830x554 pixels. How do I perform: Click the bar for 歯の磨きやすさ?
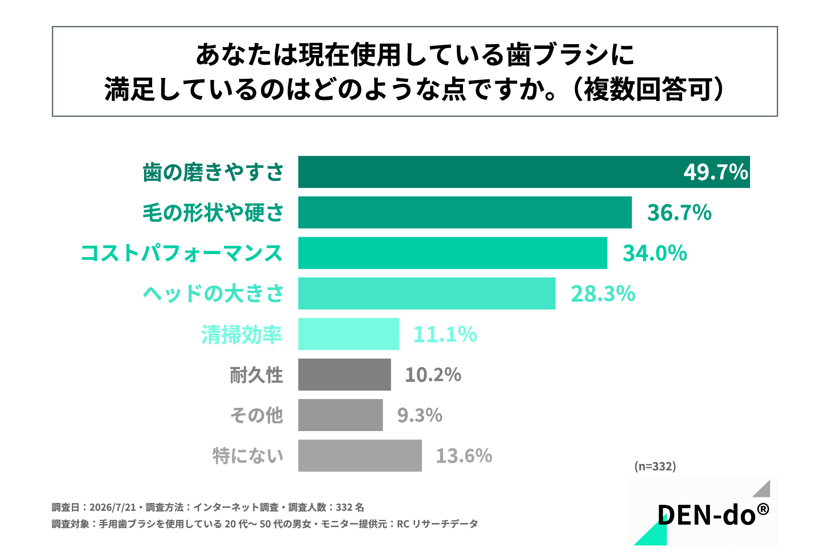tap(524, 172)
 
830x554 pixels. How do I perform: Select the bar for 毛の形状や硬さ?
tap(465, 213)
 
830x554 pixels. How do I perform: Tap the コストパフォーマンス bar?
tap(453, 253)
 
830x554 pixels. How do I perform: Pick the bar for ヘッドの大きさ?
tap(427, 293)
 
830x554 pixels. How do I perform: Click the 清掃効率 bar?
tap(348, 334)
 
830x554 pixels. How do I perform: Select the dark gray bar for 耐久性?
tap(345, 374)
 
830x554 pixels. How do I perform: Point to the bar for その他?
tap(340, 415)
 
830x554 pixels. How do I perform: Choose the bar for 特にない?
tap(360, 456)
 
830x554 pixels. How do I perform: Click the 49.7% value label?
tap(715, 172)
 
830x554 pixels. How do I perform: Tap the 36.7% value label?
tap(679, 213)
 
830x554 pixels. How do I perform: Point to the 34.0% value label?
tap(654, 253)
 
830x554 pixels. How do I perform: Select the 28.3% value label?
tap(603, 294)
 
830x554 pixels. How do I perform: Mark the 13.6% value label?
tap(464, 456)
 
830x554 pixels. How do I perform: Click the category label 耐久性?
tap(256, 375)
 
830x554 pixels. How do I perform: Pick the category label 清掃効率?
tap(242, 335)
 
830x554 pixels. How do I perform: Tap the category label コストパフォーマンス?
tap(182, 253)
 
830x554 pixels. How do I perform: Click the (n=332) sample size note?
tap(655, 466)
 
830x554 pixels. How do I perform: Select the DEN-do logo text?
tap(713, 515)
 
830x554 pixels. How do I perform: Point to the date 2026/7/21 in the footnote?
tap(112, 507)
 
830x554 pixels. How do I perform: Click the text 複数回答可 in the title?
tap(648, 90)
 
